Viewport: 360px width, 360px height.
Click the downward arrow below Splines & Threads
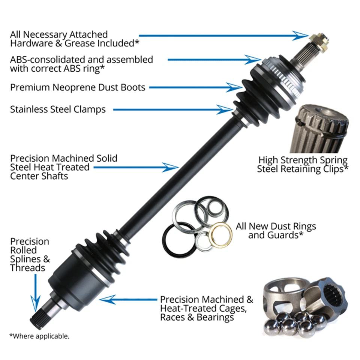coord(35,292)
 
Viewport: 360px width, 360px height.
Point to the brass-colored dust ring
coord(220,234)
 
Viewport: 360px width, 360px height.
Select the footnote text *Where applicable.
coord(39,336)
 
